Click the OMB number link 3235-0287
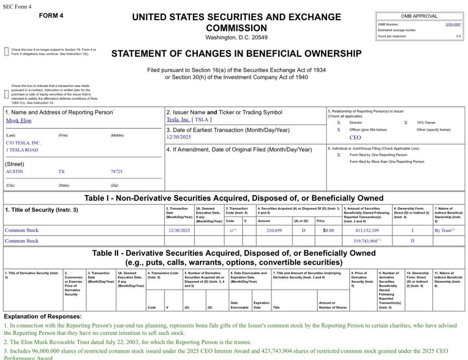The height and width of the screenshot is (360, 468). click(x=453, y=24)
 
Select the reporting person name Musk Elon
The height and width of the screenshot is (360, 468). click(x=19, y=121)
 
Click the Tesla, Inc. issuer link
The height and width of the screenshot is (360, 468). click(x=178, y=120)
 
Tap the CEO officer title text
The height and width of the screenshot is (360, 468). click(x=355, y=137)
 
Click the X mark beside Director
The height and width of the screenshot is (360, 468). click(x=339, y=123)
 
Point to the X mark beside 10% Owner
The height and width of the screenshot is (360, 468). click(x=405, y=123)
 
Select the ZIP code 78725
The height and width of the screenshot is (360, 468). click(x=117, y=172)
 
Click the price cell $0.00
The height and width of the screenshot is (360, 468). click(x=329, y=231)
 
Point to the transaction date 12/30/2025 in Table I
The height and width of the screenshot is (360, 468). click(x=179, y=231)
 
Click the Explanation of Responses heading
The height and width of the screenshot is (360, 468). click(x=43, y=317)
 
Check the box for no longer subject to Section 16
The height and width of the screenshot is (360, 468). click(x=6, y=51)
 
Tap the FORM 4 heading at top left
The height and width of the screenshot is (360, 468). click(x=51, y=16)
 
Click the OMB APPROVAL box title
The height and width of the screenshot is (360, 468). click(x=419, y=16)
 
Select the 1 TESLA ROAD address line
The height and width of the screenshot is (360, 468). click(x=22, y=150)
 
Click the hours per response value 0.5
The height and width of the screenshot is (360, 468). click(x=458, y=36)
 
